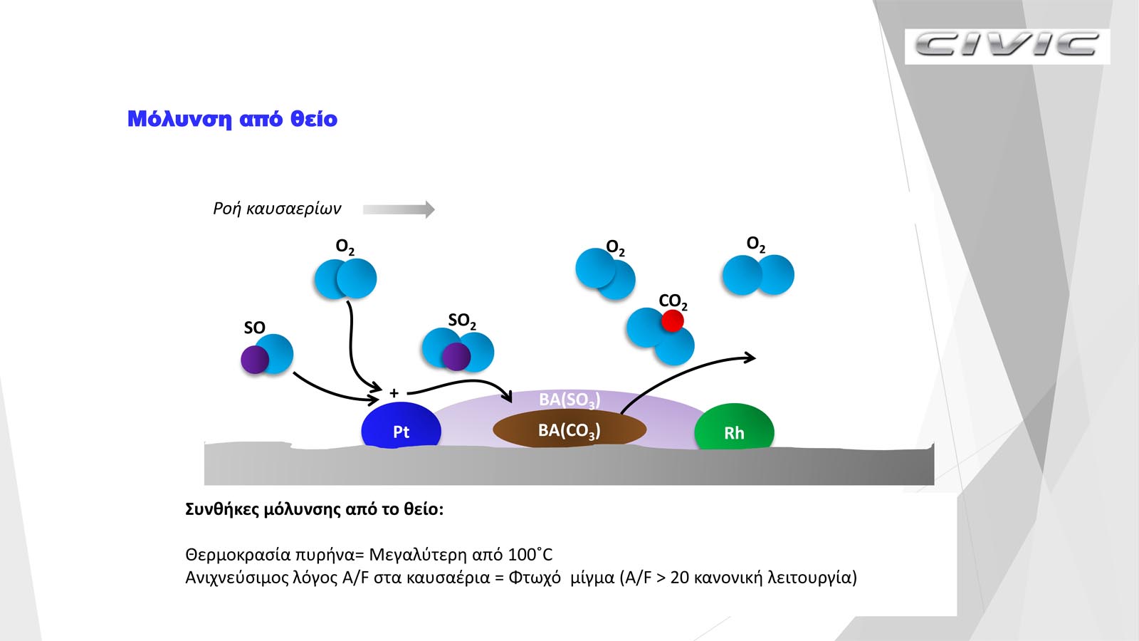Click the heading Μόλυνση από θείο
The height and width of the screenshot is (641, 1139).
(232, 119)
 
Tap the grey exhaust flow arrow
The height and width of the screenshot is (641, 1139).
(399, 209)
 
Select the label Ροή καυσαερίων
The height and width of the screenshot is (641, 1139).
(277, 209)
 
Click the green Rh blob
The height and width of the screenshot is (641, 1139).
(734, 428)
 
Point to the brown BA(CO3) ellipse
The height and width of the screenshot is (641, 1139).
(569, 429)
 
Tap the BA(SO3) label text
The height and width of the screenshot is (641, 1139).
(569, 400)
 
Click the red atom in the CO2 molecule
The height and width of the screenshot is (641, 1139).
(672, 321)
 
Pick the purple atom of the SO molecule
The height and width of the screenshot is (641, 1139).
(255, 360)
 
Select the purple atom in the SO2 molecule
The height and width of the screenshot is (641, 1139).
(456, 356)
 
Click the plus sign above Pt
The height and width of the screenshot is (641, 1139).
(394, 392)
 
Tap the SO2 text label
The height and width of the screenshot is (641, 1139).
(462, 320)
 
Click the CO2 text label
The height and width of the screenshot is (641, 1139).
(673, 301)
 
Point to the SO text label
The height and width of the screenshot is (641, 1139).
(254, 328)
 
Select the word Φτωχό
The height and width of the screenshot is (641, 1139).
(535, 578)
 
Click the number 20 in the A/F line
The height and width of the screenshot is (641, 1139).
(680, 578)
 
